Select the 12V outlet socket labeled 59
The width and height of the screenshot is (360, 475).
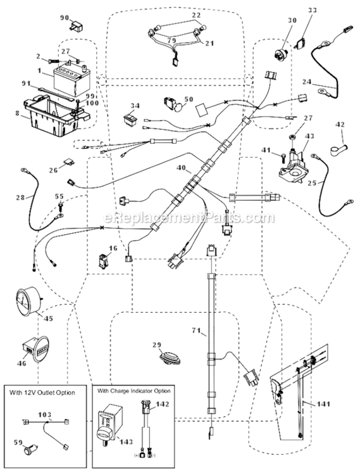(29, 453)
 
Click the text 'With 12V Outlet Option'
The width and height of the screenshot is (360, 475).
(43, 393)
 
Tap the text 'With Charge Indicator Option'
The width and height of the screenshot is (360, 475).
(135, 391)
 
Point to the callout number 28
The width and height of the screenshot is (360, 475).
(20, 198)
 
